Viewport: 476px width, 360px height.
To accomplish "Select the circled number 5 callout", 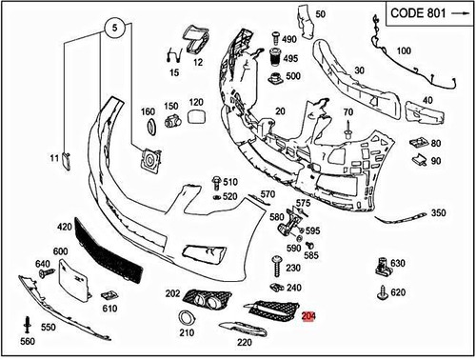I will click(113, 29).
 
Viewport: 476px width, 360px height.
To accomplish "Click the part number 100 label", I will click(404, 50).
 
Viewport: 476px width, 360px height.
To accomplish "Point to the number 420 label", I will click(65, 228).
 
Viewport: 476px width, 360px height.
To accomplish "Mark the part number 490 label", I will click(289, 39).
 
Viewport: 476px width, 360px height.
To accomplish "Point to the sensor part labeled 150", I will click(172, 122).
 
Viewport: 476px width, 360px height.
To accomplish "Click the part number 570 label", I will click(268, 194).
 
